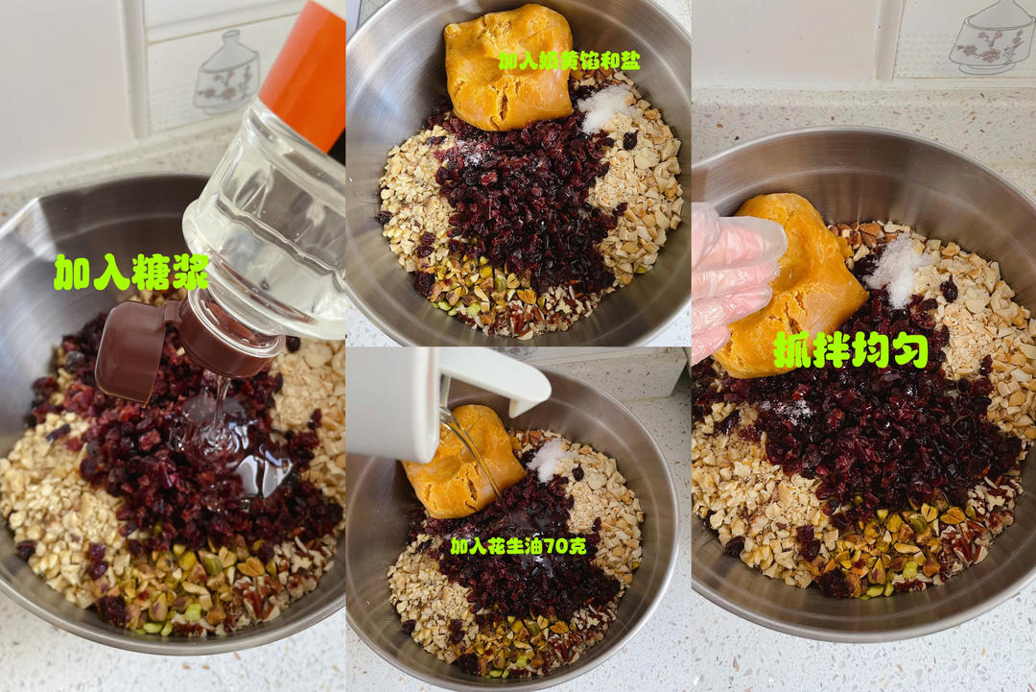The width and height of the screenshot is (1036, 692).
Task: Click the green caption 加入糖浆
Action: click(130, 273)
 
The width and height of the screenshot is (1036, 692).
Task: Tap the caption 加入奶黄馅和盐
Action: click(569, 60)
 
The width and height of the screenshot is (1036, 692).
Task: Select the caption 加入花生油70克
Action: click(518, 545)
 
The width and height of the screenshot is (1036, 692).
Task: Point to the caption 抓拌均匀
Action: click(850, 350)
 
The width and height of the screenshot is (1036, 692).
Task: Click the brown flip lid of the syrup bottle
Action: click(144, 350)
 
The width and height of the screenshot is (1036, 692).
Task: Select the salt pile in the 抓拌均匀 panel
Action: click(898, 269)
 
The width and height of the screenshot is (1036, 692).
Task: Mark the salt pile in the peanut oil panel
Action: click(548, 459)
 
